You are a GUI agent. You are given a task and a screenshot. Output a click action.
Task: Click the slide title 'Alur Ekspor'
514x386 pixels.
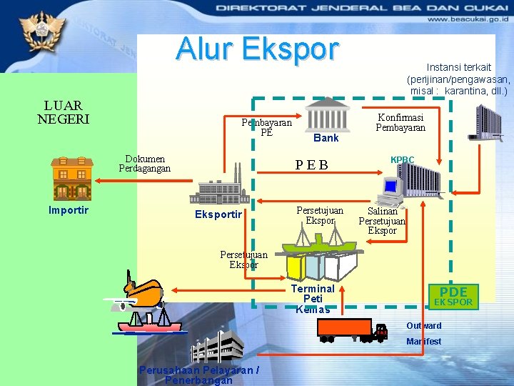[257, 49]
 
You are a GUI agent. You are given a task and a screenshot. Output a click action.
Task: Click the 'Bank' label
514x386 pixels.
[326, 137]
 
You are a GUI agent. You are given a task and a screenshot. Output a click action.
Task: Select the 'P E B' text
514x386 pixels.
[312, 166]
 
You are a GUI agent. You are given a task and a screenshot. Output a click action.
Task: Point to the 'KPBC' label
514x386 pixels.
[402, 160]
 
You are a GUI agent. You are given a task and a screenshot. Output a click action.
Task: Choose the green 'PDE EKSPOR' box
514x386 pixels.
[454, 296]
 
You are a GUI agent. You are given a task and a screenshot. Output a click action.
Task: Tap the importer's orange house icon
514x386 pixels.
[71, 177]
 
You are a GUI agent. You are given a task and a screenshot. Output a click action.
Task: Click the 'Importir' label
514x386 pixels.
[69, 210]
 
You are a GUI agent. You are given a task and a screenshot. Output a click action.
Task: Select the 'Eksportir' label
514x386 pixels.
[219, 214]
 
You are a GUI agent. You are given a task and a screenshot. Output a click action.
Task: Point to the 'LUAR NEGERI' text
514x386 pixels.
[63, 112]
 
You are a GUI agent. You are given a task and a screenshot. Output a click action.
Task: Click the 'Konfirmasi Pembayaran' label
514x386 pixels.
[400, 122]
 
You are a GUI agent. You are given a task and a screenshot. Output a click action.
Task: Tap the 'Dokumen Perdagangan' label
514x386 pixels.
[145, 164]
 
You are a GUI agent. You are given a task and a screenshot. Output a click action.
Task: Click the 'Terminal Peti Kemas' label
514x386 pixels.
[313, 299]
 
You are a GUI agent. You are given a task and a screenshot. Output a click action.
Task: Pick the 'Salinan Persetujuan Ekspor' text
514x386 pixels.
[382, 221]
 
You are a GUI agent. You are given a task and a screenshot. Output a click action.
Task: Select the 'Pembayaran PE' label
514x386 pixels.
[266, 127]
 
